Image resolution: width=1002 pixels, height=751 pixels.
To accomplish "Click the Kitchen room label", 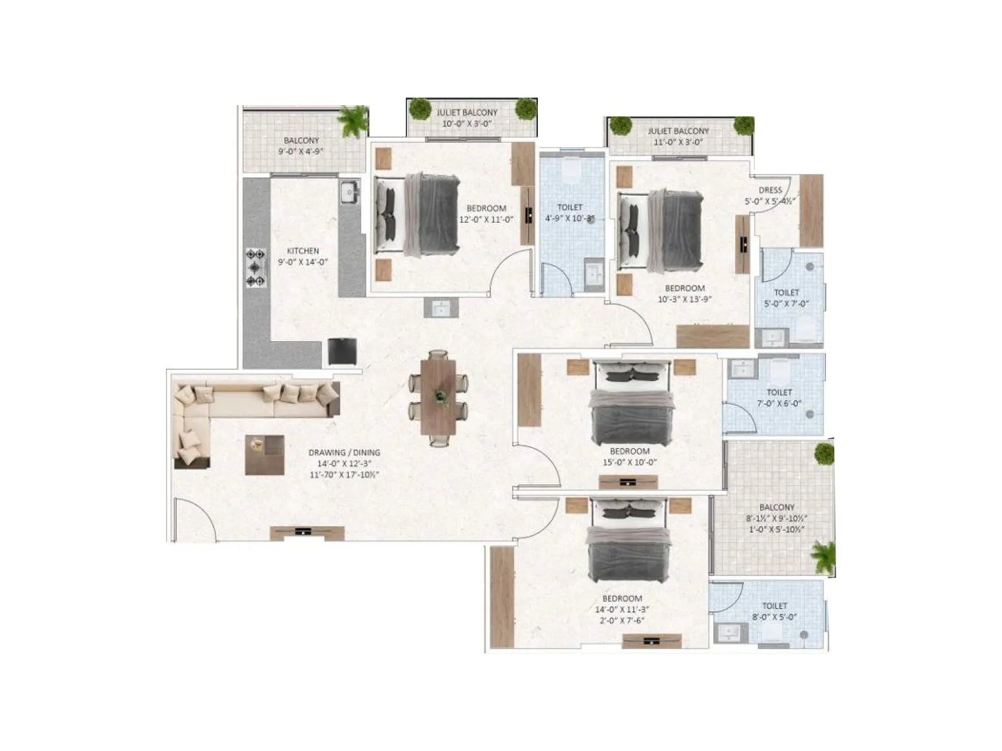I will pos(303,251).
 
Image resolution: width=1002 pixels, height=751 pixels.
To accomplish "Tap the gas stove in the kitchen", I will pos(256,268).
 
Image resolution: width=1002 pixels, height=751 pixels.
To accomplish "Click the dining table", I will pos(440,398).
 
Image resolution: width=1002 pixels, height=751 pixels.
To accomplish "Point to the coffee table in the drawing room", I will pos(264,454).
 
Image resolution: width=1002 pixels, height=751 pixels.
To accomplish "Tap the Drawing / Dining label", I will pos(344,452).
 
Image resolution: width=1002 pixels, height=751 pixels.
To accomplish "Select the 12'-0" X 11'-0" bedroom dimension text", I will pos(486,220).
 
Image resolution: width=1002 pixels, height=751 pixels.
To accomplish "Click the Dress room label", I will pos(770,190).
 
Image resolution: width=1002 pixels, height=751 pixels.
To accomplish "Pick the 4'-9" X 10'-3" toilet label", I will pos(569,218).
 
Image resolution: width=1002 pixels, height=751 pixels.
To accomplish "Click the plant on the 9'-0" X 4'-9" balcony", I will pos(353,121).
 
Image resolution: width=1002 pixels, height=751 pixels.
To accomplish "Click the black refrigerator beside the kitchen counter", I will pos(343,352).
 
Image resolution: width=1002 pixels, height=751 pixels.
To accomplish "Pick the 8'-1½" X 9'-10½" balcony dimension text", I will pos(777,518).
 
